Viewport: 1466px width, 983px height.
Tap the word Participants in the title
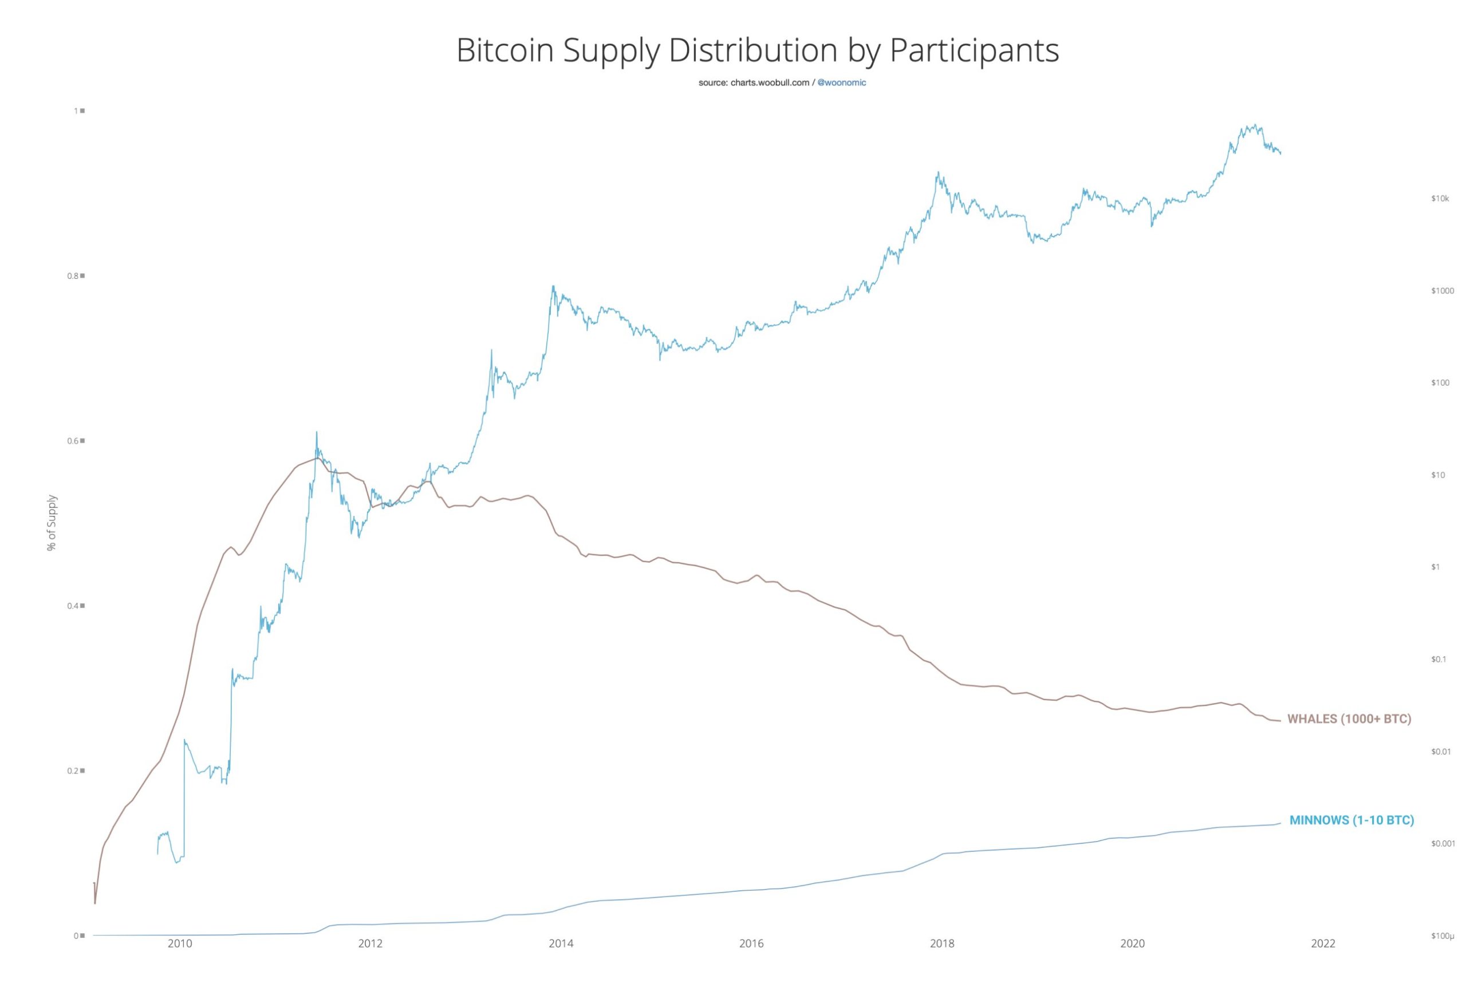pyautogui.click(x=975, y=51)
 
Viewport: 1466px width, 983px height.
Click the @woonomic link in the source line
pyautogui.click(x=841, y=83)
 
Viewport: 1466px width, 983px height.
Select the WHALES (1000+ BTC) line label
pyautogui.click(x=1349, y=719)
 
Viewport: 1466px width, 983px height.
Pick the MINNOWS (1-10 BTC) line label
pyautogui.click(x=1351, y=820)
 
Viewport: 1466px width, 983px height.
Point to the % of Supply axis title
pyautogui.click(x=52, y=522)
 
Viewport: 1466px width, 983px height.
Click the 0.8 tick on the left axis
pyautogui.click(x=73, y=276)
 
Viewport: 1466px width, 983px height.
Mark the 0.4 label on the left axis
pyautogui.click(x=73, y=606)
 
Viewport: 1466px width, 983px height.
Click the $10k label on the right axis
pyautogui.click(x=1440, y=199)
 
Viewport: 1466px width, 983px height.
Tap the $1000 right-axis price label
pyautogui.click(x=1442, y=291)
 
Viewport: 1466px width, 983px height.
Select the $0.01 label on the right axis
pyautogui.click(x=1441, y=752)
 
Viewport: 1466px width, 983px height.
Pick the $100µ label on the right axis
pyautogui.click(x=1442, y=936)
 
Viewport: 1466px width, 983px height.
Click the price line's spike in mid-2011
pyautogui.click(x=317, y=433)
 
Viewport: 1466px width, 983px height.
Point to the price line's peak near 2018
pyautogui.click(x=937, y=172)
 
